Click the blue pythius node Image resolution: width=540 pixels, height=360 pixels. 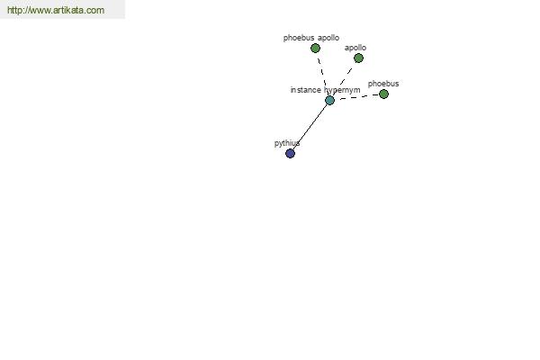tap(291, 153)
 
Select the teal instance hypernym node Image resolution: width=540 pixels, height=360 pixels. tap(330, 100)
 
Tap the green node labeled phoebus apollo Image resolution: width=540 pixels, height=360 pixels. tap(315, 49)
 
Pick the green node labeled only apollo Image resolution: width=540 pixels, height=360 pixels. tap(358, 58)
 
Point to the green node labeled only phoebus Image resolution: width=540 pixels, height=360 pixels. tap(383, 94)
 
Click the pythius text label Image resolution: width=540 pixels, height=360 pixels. tap(287, 143)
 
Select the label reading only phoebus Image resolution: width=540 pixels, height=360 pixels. tap(383, 84)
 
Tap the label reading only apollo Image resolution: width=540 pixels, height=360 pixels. tap(355, 48)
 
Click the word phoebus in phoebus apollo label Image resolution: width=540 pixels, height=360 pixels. tap(299, 38)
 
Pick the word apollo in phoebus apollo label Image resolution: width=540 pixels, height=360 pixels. tap(328, 38)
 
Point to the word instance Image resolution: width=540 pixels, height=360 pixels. tap(305, 90)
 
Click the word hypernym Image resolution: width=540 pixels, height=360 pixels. tap(342, 90)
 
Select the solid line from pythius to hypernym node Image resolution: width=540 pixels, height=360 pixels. tap(310, 127)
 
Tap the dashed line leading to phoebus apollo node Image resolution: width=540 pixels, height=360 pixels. tap(322, 73)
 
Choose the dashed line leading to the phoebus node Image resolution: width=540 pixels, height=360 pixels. tap(359, 97)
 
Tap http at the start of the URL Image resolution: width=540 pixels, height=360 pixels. tap(14, 10)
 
